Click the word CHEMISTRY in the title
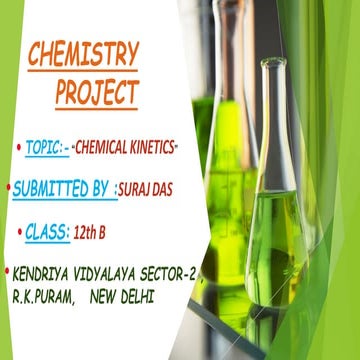pos(83,55)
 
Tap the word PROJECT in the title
pos(96,94)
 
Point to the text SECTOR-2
pos(180,271)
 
